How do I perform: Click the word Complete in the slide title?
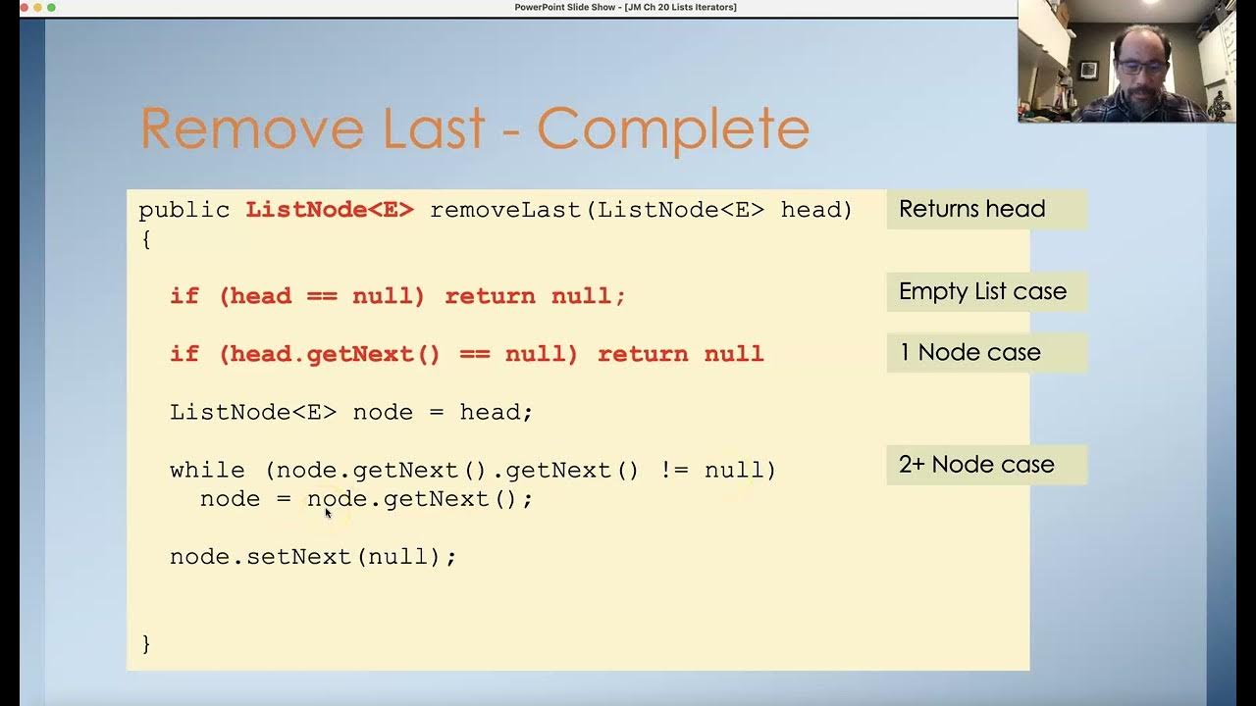673,128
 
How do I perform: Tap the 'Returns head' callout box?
986,209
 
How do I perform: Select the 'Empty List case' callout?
986,291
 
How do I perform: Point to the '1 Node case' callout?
986,352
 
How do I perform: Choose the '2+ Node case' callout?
986,464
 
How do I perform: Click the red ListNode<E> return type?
330,209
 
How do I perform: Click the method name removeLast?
506,209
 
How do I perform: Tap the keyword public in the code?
184,209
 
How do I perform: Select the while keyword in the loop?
207,470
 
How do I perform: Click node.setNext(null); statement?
313,556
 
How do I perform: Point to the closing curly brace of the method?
146,643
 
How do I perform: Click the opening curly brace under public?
146,238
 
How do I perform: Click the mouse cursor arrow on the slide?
328,512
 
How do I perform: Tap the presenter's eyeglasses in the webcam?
1142,67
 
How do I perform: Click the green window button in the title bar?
51,7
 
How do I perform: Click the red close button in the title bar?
24,7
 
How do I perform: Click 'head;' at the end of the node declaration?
496,412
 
